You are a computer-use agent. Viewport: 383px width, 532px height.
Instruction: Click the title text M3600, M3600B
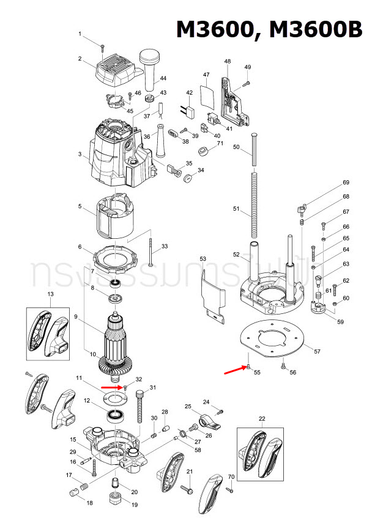tap(269, 29)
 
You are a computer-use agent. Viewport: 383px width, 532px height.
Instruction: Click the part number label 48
tap(228, 62)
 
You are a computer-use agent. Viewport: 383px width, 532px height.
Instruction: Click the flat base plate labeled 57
tap(273, 339)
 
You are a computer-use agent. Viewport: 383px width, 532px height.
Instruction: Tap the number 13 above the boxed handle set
tap(51, 294)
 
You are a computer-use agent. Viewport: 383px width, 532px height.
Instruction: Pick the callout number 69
tap(346, 183)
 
